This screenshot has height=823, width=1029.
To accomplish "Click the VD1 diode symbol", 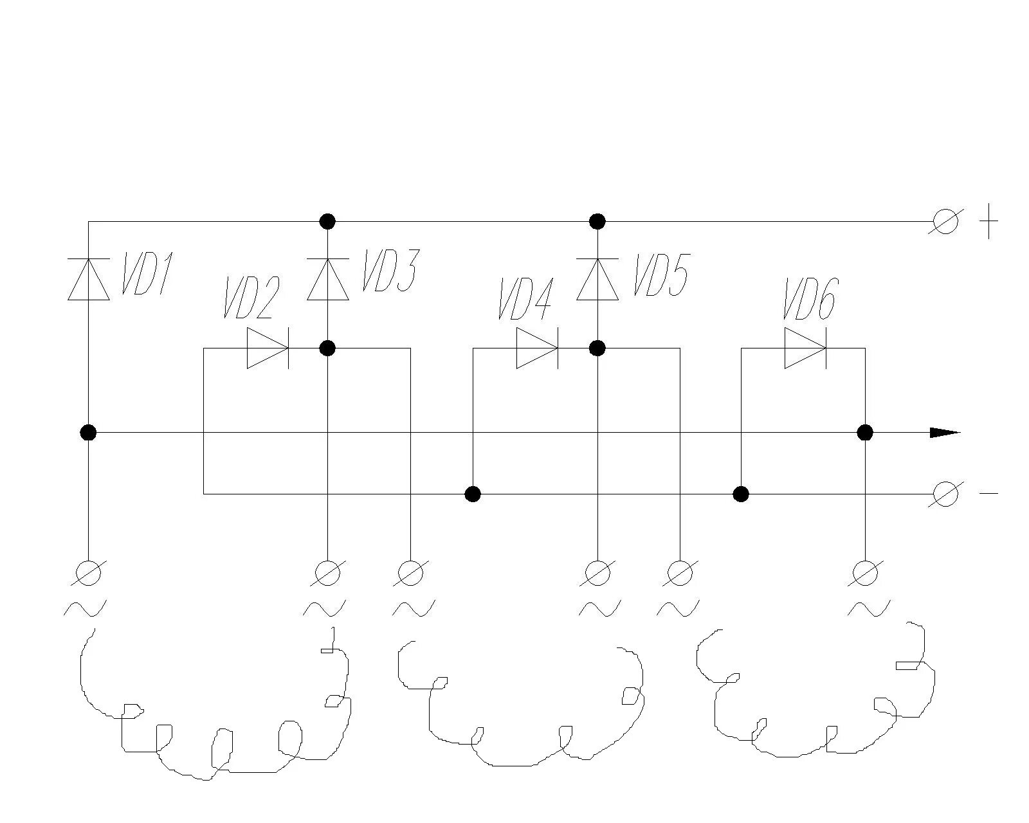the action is [88, 279].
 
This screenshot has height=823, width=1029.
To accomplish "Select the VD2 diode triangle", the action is [267, 348].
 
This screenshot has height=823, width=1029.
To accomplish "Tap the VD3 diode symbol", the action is [328, 279].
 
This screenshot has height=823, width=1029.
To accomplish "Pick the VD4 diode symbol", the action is [536, 348].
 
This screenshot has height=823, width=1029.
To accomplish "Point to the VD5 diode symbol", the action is [597, 279].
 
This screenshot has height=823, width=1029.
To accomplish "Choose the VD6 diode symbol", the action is [805, 348].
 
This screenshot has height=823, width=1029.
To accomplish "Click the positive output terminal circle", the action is [945, 222].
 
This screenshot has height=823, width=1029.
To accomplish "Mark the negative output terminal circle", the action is [945, 494].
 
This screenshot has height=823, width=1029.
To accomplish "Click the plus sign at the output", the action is [988, 222].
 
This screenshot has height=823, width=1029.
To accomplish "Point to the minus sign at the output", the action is [988, 494].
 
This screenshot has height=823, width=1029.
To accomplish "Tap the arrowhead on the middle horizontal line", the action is [945, 433].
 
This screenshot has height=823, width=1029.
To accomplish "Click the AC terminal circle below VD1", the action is [88, 573].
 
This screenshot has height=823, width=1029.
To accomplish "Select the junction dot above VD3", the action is [328, 222].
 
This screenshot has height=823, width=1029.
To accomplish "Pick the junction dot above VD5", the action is [597, 222].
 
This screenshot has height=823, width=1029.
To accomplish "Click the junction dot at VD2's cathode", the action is [328, 348].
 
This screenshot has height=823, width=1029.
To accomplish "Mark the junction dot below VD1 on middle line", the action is [88, 432].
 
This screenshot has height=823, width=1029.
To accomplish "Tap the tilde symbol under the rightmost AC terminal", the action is [868, 608].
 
